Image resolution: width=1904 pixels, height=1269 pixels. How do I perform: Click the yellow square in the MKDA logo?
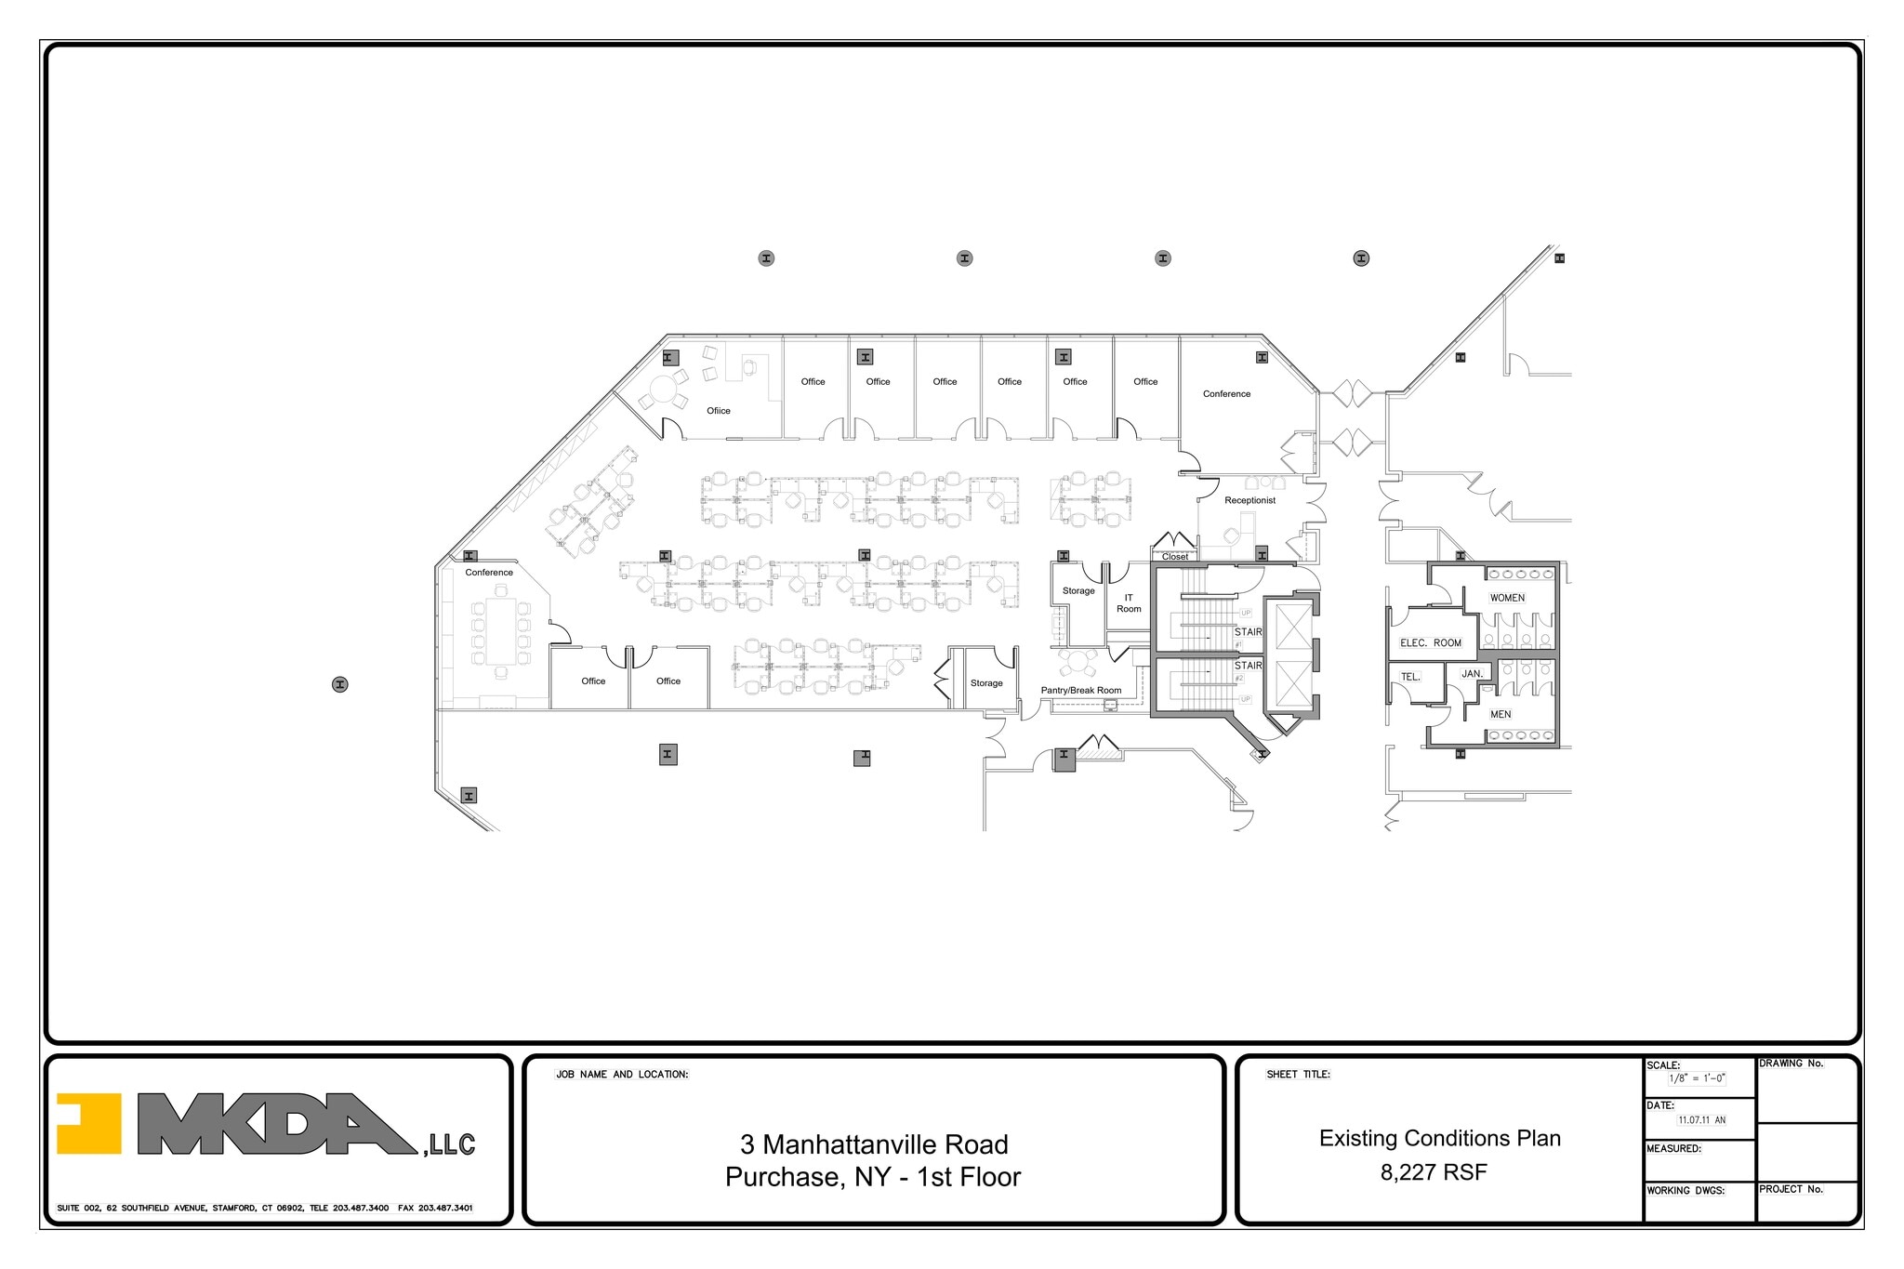click(89, 1123)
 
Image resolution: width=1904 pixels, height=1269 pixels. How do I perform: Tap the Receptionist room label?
click(1249, 500)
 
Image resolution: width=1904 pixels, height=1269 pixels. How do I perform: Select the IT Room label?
click(1129, 603)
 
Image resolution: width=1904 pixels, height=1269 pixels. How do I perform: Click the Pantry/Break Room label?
click(1080, 691)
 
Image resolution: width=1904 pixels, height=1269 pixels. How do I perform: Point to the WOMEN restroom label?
click(1507, 598)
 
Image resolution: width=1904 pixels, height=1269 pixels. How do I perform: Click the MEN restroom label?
click(1501, 714)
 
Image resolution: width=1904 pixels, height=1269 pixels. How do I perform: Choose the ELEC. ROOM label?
click(1431, 642)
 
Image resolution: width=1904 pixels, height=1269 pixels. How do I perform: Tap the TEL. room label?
click(1410, 677)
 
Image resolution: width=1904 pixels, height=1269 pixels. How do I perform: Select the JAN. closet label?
click(1472, 673)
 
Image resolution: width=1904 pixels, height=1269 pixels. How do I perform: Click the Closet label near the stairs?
click(1175, 557)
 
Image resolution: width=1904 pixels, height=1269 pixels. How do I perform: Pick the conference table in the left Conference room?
click(500, 630)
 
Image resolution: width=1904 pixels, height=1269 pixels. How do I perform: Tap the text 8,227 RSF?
click(1434, 1172)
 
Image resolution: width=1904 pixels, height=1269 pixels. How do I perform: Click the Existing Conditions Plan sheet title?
click(1439, 1138)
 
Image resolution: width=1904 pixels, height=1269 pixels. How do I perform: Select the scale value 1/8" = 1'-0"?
click(1697, 1078)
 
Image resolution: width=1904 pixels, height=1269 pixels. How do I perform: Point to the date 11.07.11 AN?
click(1701, 1120)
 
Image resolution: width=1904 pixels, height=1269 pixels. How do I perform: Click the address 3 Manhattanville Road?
click(873, 1144)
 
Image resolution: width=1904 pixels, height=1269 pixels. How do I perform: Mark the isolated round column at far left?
click(340, 684)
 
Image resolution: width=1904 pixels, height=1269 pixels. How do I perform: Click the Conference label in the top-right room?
click(1226, 394)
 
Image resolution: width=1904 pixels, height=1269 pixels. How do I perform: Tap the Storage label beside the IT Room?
click(1078, 590)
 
